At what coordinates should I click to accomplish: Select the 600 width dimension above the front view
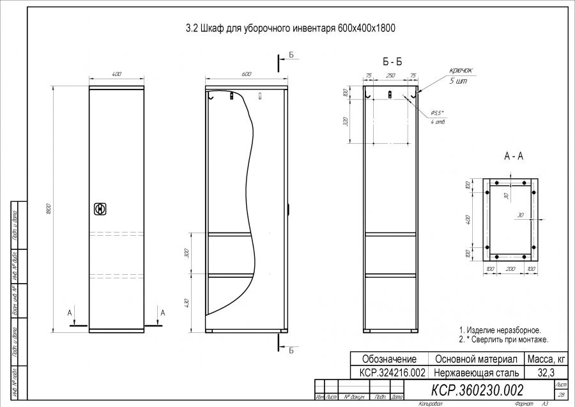(246, 75)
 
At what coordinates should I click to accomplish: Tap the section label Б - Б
(392, 62)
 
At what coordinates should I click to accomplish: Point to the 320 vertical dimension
(346, 122)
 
